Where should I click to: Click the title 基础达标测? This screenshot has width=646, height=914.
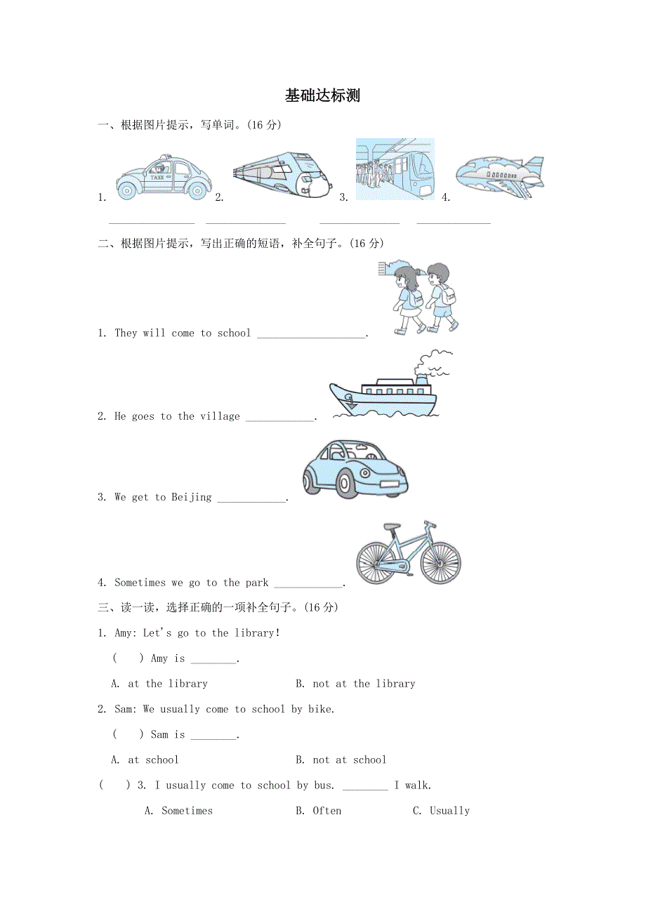(x=322, y=96)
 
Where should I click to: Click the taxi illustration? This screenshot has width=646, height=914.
(x=164, y=178)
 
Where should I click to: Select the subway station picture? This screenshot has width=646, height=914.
(x=395, y=169)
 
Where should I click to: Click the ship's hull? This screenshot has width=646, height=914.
(x=383, y=404)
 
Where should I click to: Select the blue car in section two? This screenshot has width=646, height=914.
(x=355, y=469)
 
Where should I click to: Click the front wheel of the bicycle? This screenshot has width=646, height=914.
(x=440, y=563)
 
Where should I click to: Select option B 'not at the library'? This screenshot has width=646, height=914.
(x=355, y=684)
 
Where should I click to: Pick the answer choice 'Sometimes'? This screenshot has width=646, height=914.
(x=179, y=811)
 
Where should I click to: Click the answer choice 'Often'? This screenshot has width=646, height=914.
(x=319, y=811)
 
